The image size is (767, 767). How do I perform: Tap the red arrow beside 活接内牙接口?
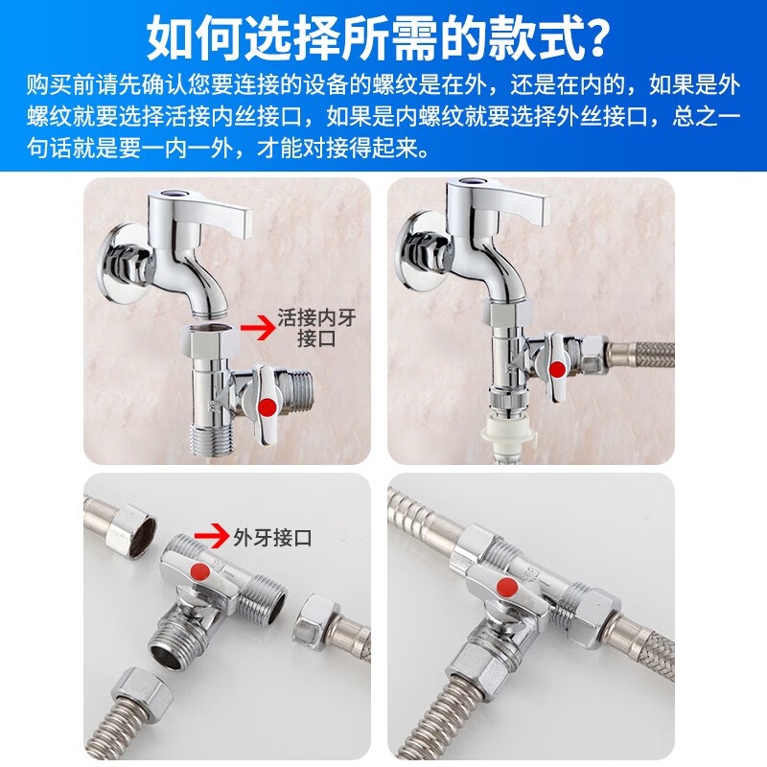click(257, 327)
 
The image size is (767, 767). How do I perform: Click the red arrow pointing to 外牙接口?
click(211, 537)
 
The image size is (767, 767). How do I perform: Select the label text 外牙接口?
click(272, 538)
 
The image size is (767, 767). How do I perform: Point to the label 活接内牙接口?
click(316, 328)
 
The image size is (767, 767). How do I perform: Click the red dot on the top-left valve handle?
click(267, 407)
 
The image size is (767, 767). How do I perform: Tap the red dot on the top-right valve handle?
click(557, 368)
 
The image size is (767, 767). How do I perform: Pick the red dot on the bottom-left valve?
click(199, 571)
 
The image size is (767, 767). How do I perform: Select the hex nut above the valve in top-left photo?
click(209, 341)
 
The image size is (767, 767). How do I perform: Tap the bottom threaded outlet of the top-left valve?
click(209, 441)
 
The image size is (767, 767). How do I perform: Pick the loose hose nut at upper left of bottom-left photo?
click(131, 532)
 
